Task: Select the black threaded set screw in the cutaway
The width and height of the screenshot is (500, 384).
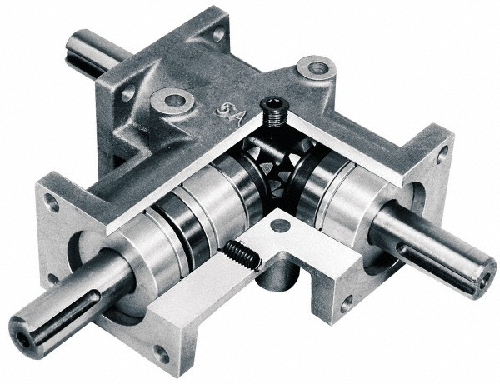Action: coord(242,254)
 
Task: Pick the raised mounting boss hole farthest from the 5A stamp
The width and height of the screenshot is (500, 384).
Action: coord(316,67)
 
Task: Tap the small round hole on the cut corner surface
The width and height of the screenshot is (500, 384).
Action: coord(281,225)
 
